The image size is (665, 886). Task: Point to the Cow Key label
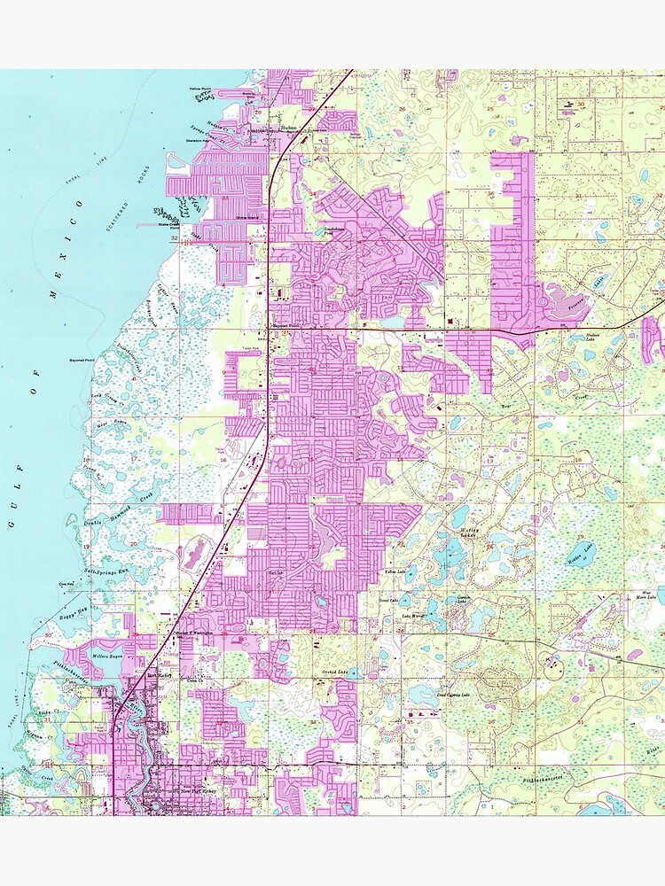coord(66,584)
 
